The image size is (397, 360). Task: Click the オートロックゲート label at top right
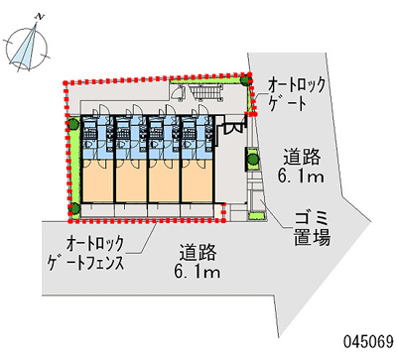point(297,93)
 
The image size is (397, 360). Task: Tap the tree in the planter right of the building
point(251,156)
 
